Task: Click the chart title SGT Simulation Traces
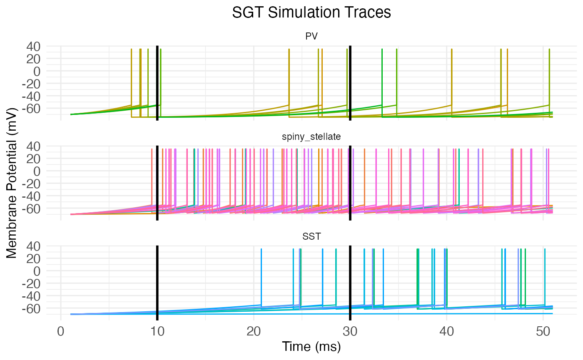point(311,12)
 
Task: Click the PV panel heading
point(311,36)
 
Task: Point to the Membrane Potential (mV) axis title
point(12,183)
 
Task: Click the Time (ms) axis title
point(311,346)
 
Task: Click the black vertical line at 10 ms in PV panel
point(157,83)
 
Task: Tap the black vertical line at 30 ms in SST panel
point(350,283)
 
